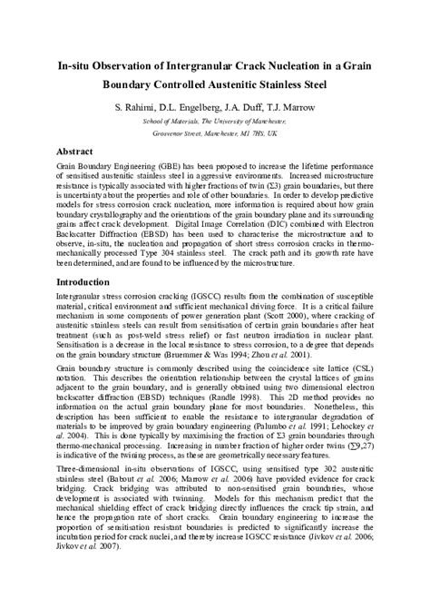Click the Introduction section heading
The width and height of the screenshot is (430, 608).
pyautogui.click(x=88, y=284)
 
